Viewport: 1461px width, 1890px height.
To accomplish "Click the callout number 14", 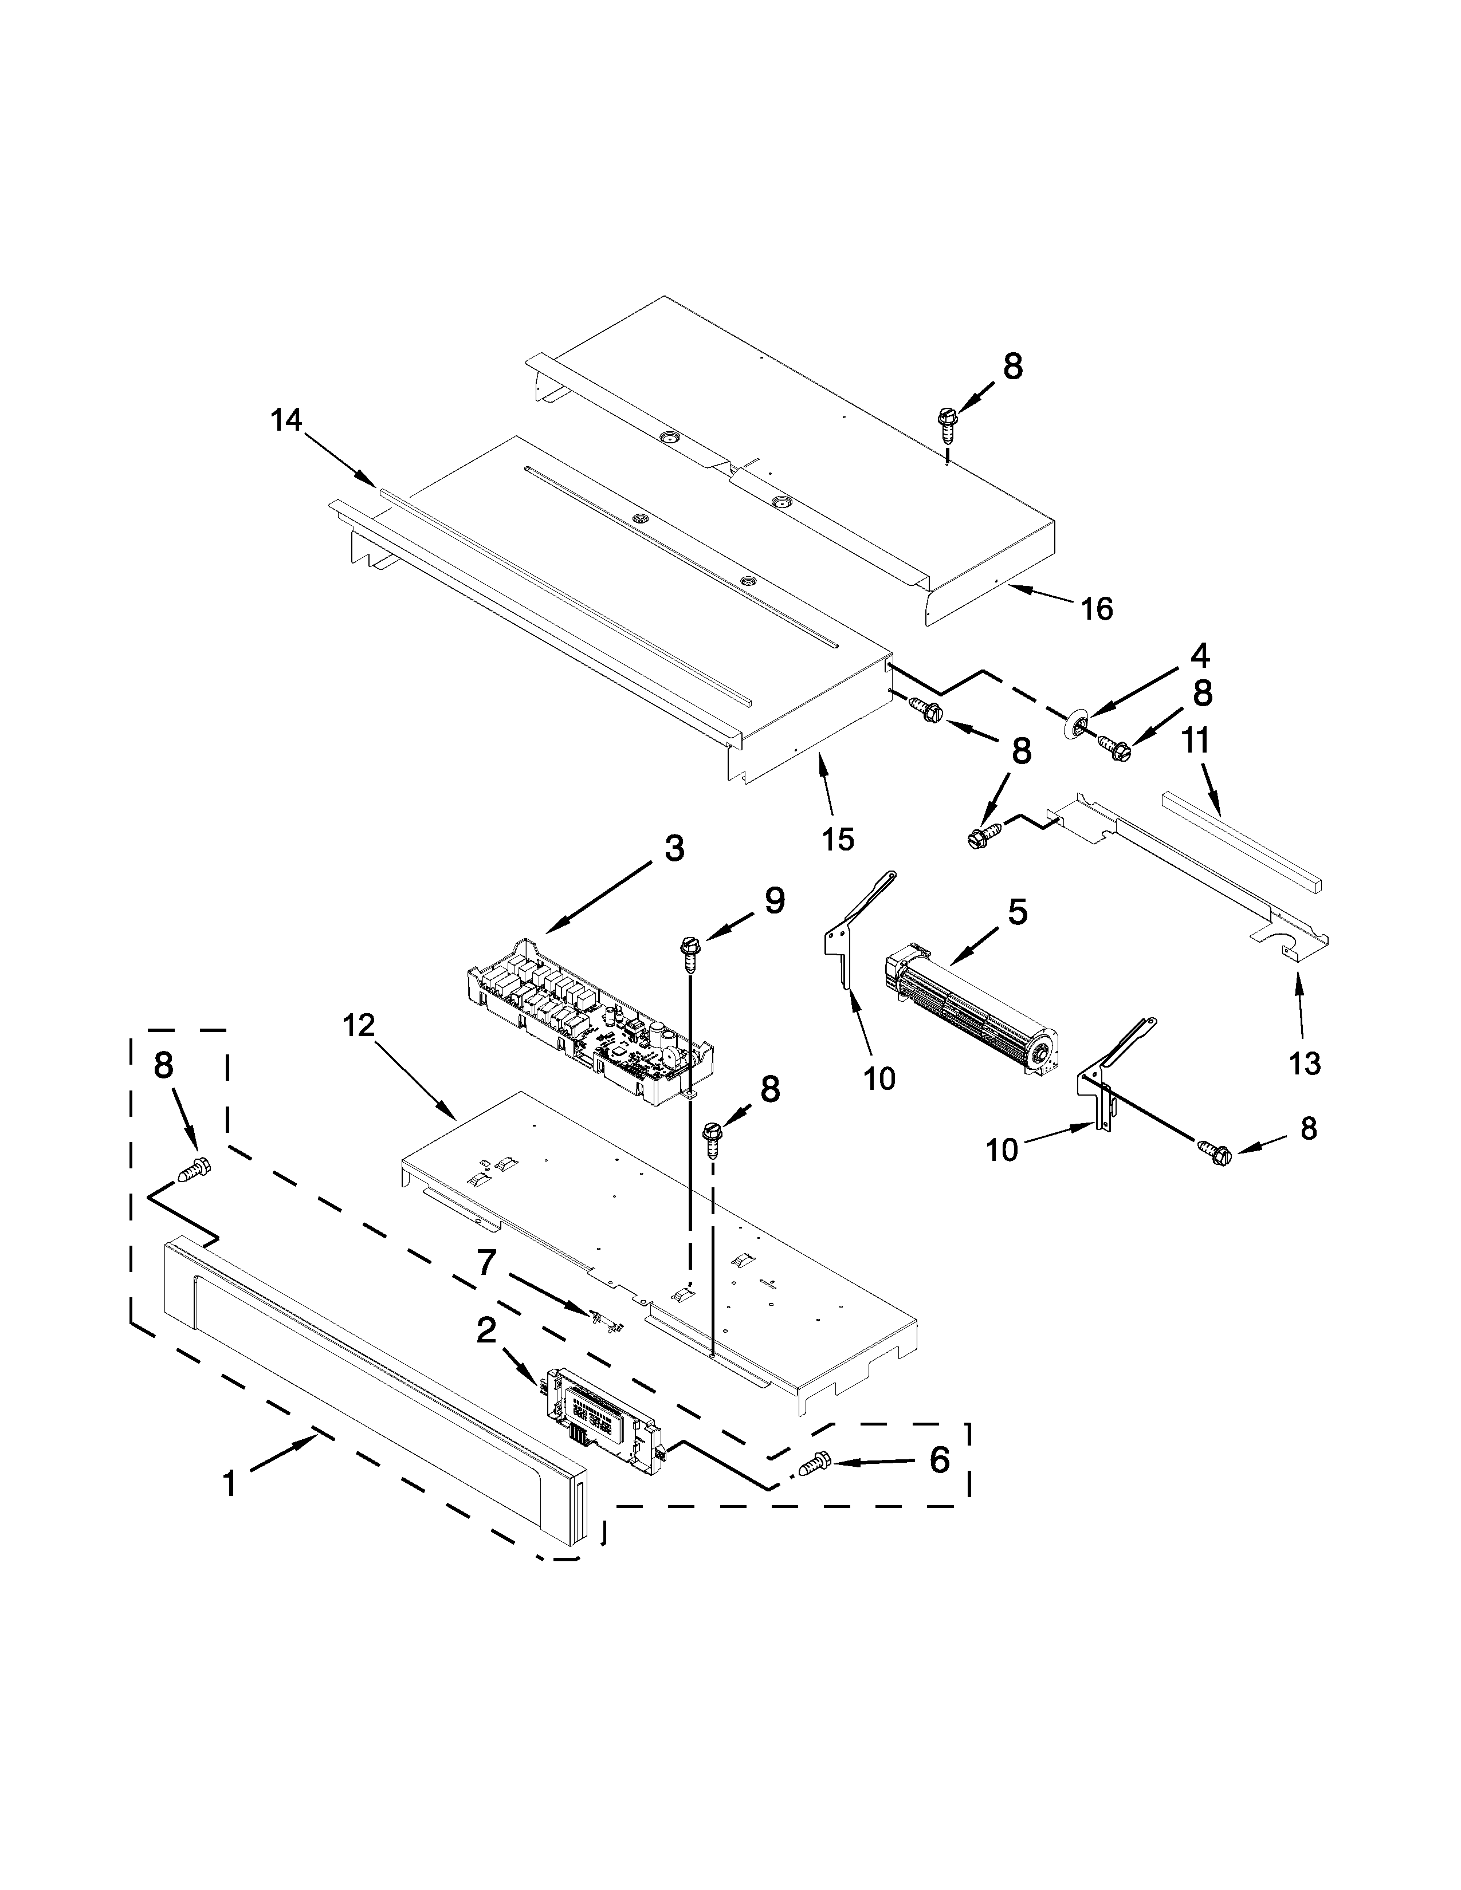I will click(x=286, y=420).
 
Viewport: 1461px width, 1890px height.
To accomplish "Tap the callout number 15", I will click(x=838, y=838).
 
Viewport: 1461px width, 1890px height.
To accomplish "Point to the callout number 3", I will click(x=674, y=849).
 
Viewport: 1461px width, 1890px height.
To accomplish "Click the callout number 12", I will click(x=358, y=1026).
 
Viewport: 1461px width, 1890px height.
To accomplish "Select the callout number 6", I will click(x=939, y=1461).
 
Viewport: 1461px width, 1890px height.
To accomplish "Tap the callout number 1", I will click(x=229, y=1484).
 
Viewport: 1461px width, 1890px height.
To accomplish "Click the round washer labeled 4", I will click(x=1076, y=725).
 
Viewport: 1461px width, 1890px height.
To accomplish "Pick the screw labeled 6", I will click(x=815, y=1465).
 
